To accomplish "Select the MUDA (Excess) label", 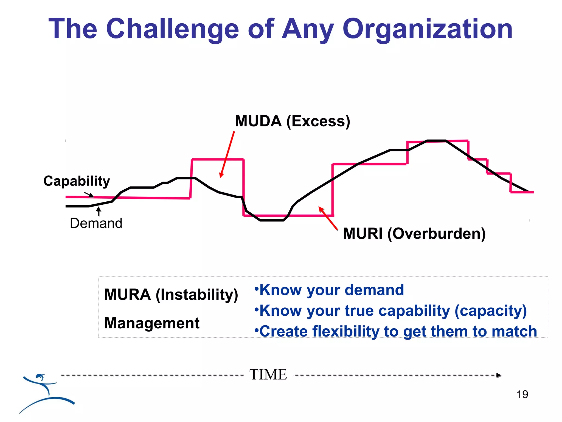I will coord(292,121).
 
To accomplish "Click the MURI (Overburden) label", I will coord(414,234).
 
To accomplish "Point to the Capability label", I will coord(77,181).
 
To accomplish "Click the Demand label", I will coord(96,223).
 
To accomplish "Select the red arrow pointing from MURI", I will coord(328,218).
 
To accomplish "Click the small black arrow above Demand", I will coord(99,211).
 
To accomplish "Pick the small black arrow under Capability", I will coord(89,195).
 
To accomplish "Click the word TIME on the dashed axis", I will coord(268,375).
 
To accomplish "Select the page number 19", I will coord(522,395).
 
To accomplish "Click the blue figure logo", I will coord(45,393).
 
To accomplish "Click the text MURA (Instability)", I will coord(171,295).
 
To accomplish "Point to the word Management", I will coord(152,323).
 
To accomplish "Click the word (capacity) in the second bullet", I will coord(490,311).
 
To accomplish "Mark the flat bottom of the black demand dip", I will coord(272,220).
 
